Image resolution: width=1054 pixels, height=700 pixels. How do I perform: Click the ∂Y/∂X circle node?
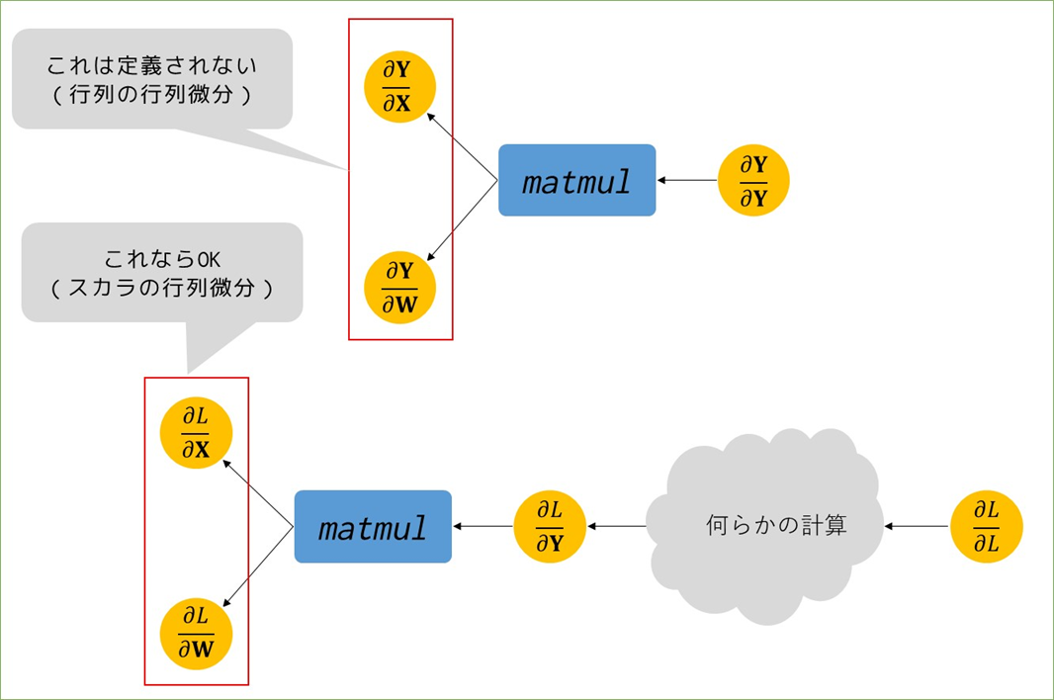tap(400, 87)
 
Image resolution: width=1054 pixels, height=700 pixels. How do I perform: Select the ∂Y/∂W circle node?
tap(400, 288)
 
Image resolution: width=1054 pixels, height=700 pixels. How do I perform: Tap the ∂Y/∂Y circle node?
tap(753, 180)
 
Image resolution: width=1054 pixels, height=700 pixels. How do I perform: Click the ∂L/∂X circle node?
tap(197, 432)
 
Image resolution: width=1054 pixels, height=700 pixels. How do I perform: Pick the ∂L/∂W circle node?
tap(197, 634)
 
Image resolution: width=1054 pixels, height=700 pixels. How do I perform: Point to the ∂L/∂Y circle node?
tap(550, 527)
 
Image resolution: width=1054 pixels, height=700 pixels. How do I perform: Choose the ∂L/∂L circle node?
tap(987, 527)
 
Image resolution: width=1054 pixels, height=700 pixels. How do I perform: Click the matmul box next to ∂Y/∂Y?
tap(576, 180)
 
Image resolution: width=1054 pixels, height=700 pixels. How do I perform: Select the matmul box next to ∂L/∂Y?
tap(373, 527)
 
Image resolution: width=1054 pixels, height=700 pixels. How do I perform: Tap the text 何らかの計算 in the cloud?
tap(776, 525)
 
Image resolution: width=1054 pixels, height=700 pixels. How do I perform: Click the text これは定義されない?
tap(152, 65)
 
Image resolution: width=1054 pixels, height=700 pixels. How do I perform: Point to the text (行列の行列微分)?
tap(152, 94)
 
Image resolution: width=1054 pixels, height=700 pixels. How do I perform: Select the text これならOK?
tap(162, 259)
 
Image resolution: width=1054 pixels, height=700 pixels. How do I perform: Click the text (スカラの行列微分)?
tap(162, 288)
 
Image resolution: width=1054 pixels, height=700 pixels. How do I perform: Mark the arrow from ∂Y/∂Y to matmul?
tap(687, 180)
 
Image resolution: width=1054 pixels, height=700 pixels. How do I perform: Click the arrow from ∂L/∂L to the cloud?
tap(917, 527)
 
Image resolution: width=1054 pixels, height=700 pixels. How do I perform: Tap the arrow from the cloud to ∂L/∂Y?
tap(617, 527)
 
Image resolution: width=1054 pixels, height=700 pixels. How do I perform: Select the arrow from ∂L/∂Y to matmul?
tap(483, 527)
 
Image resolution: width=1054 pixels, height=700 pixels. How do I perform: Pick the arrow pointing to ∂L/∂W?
tap(258, 567)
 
